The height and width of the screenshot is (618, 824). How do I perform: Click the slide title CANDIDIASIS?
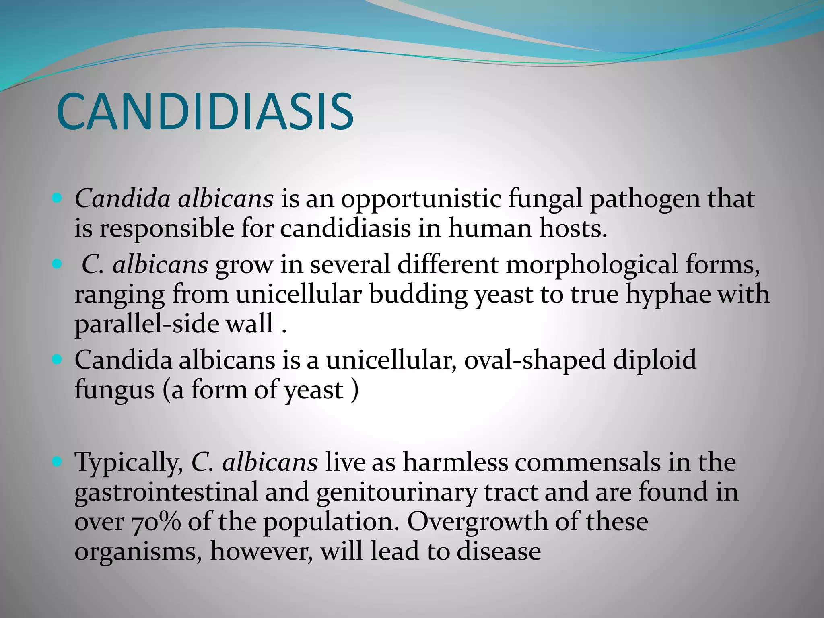(x=205, y=111)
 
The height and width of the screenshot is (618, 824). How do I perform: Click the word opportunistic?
(x=421, y=199)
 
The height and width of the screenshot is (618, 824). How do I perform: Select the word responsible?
(x=167, y=229)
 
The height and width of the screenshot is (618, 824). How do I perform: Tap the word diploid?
(x=655, y=360)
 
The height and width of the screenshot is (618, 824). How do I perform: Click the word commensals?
(x=588, y=462)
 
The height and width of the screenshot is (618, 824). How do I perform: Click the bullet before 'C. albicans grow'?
(x=57, y=264)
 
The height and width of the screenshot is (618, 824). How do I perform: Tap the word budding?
(x=418, y=295)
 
